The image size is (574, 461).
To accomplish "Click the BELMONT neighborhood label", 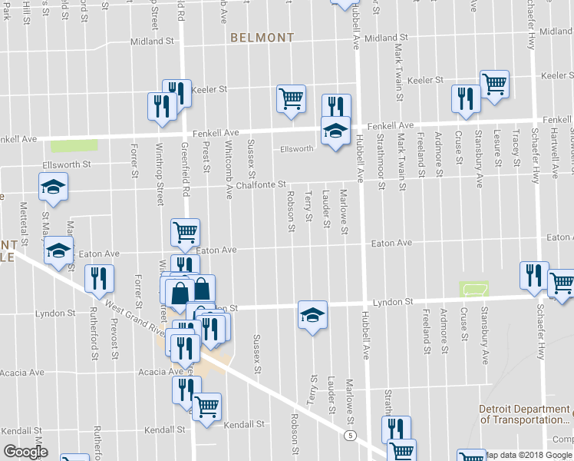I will click(x=262, y=37).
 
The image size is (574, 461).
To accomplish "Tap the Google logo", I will click(x=25, y=452).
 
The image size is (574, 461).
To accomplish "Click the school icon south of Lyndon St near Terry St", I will click(x=312, y=314).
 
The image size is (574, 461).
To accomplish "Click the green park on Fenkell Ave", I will click(x=74, y=144).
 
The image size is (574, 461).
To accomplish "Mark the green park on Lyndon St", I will click(x=474, y=289).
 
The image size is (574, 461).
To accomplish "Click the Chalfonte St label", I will click(x=261, y=184).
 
